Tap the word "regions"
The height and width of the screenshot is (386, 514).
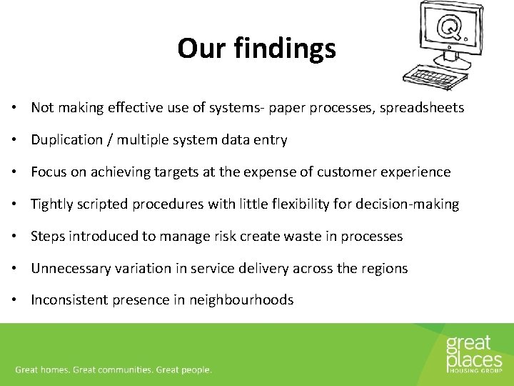point(384,269)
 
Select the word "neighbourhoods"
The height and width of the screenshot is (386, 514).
point(241,300)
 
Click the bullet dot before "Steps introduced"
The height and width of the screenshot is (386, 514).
point(14,237)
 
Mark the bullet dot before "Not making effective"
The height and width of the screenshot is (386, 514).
point(14,109)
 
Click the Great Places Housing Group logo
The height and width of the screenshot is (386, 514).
point(473,354)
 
